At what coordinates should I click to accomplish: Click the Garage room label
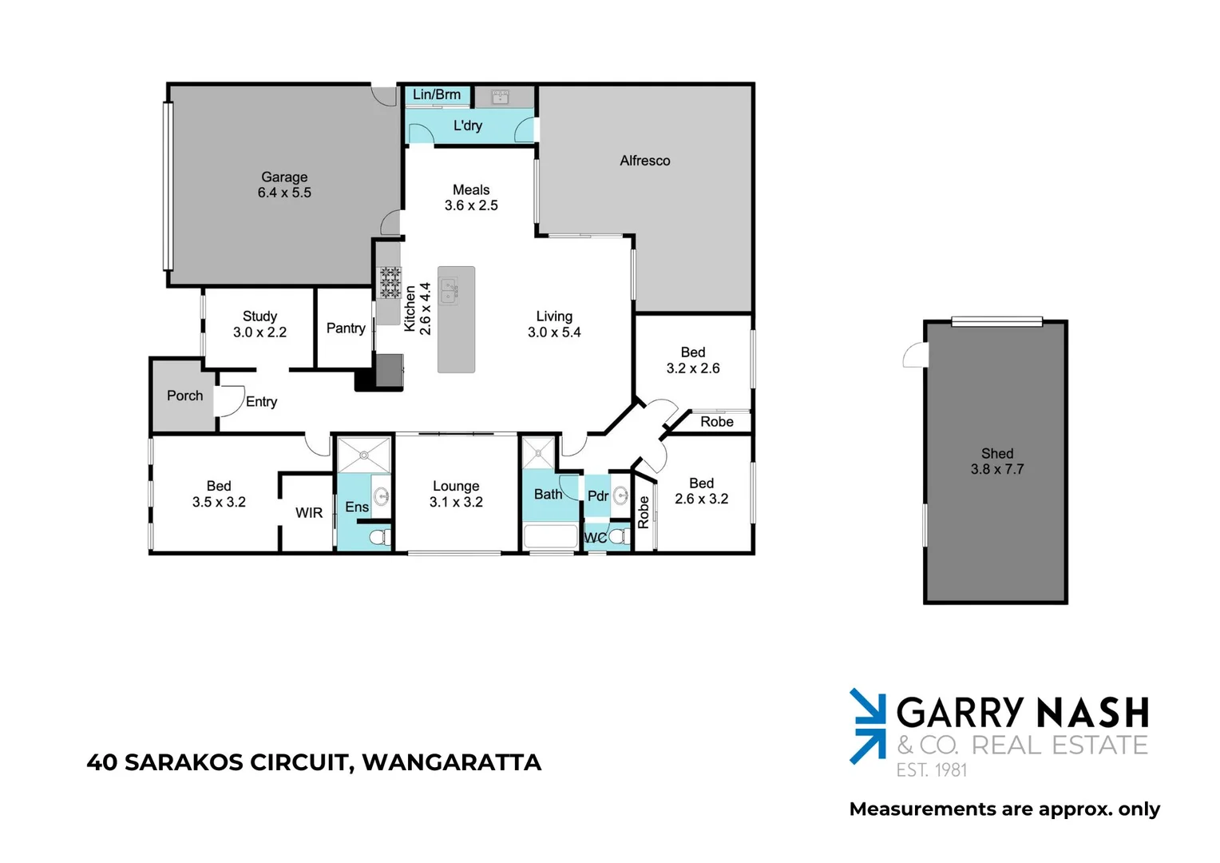point(284,177)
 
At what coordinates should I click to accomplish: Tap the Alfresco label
point(644,161)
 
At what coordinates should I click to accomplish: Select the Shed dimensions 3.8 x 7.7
point(996,469)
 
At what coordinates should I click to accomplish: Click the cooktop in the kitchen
point(390,283)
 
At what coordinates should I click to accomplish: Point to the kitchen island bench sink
point(449,291)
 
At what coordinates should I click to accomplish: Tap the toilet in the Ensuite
point(381,536)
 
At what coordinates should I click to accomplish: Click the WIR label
point(309,512)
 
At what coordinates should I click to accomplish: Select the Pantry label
point(346,328)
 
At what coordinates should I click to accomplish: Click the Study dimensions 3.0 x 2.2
point(259,332)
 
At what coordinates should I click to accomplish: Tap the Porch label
point(184,396)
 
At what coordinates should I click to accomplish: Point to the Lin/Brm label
point(437,94)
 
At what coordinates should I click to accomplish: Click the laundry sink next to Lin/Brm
point(501,97)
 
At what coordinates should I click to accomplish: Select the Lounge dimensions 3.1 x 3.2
point(456,502)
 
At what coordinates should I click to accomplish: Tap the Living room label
point(554,316)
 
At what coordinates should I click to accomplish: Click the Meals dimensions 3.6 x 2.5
point(471,205)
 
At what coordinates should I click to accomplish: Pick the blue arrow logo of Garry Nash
point(867,726)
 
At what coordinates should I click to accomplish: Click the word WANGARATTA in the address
point(451,762)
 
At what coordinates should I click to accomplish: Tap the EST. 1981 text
point(931,770)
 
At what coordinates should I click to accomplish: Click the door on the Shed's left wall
point(917,354)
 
